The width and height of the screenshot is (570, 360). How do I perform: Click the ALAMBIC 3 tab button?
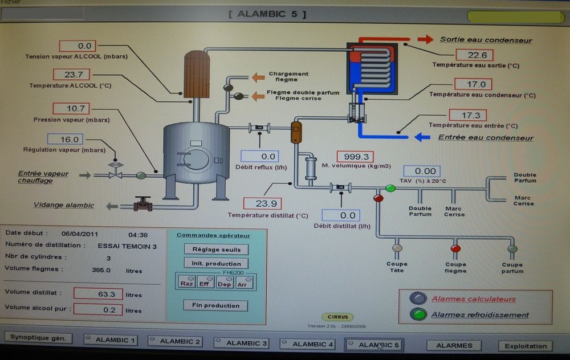point(241,342)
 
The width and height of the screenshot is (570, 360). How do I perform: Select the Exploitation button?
point(526,346)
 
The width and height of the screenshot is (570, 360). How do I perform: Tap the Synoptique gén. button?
point(39,338)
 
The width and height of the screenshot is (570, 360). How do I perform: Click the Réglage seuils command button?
point(216,249)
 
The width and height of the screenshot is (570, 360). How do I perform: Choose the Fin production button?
point(215,305)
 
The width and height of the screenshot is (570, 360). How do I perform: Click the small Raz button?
point(186,283)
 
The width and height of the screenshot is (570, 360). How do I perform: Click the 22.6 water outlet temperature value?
point(477,55)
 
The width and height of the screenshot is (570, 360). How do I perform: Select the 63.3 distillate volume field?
point(98,294)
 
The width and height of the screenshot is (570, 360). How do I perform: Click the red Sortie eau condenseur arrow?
point(425,39)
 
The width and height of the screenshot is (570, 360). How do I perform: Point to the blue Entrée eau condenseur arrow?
point(422,137)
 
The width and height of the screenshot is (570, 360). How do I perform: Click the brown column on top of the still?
point(197,75)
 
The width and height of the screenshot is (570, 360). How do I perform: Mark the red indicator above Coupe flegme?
point(455,248)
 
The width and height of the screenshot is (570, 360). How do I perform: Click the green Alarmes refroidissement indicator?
point(419,314)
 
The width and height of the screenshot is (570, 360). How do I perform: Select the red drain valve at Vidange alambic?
point(142,204)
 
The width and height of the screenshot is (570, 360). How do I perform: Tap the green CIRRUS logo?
point(337,317)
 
